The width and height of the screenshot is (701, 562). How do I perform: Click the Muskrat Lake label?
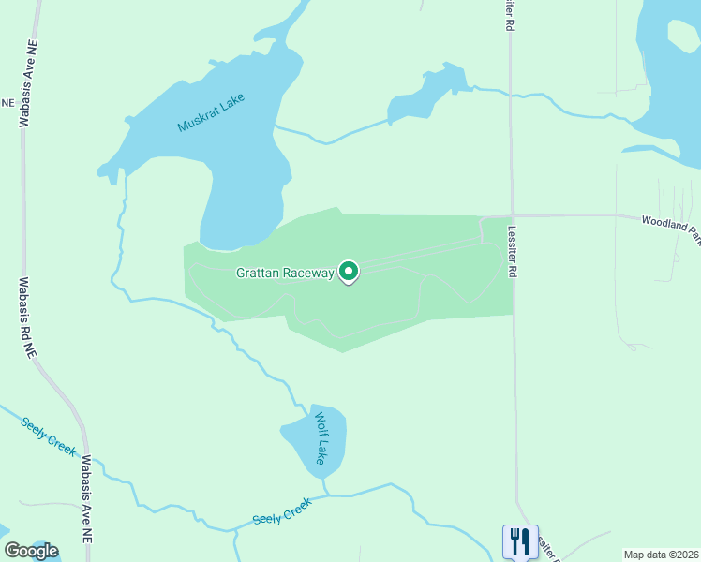[211, 112]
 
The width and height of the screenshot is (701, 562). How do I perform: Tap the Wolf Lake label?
[320, 438]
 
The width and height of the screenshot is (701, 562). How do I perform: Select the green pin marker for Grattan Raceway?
[349, 273]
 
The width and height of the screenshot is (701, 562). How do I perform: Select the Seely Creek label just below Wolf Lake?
[281, 511]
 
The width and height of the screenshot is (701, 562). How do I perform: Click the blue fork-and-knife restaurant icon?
[520, 541]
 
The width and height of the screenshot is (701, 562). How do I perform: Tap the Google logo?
[32, 551]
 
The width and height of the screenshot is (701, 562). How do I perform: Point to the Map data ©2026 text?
[662, 555]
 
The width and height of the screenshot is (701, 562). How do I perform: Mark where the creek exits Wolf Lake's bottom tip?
[325, 480]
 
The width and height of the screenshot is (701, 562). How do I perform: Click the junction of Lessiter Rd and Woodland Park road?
[512, 214]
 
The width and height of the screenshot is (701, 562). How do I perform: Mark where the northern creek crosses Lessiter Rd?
[511, 95]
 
